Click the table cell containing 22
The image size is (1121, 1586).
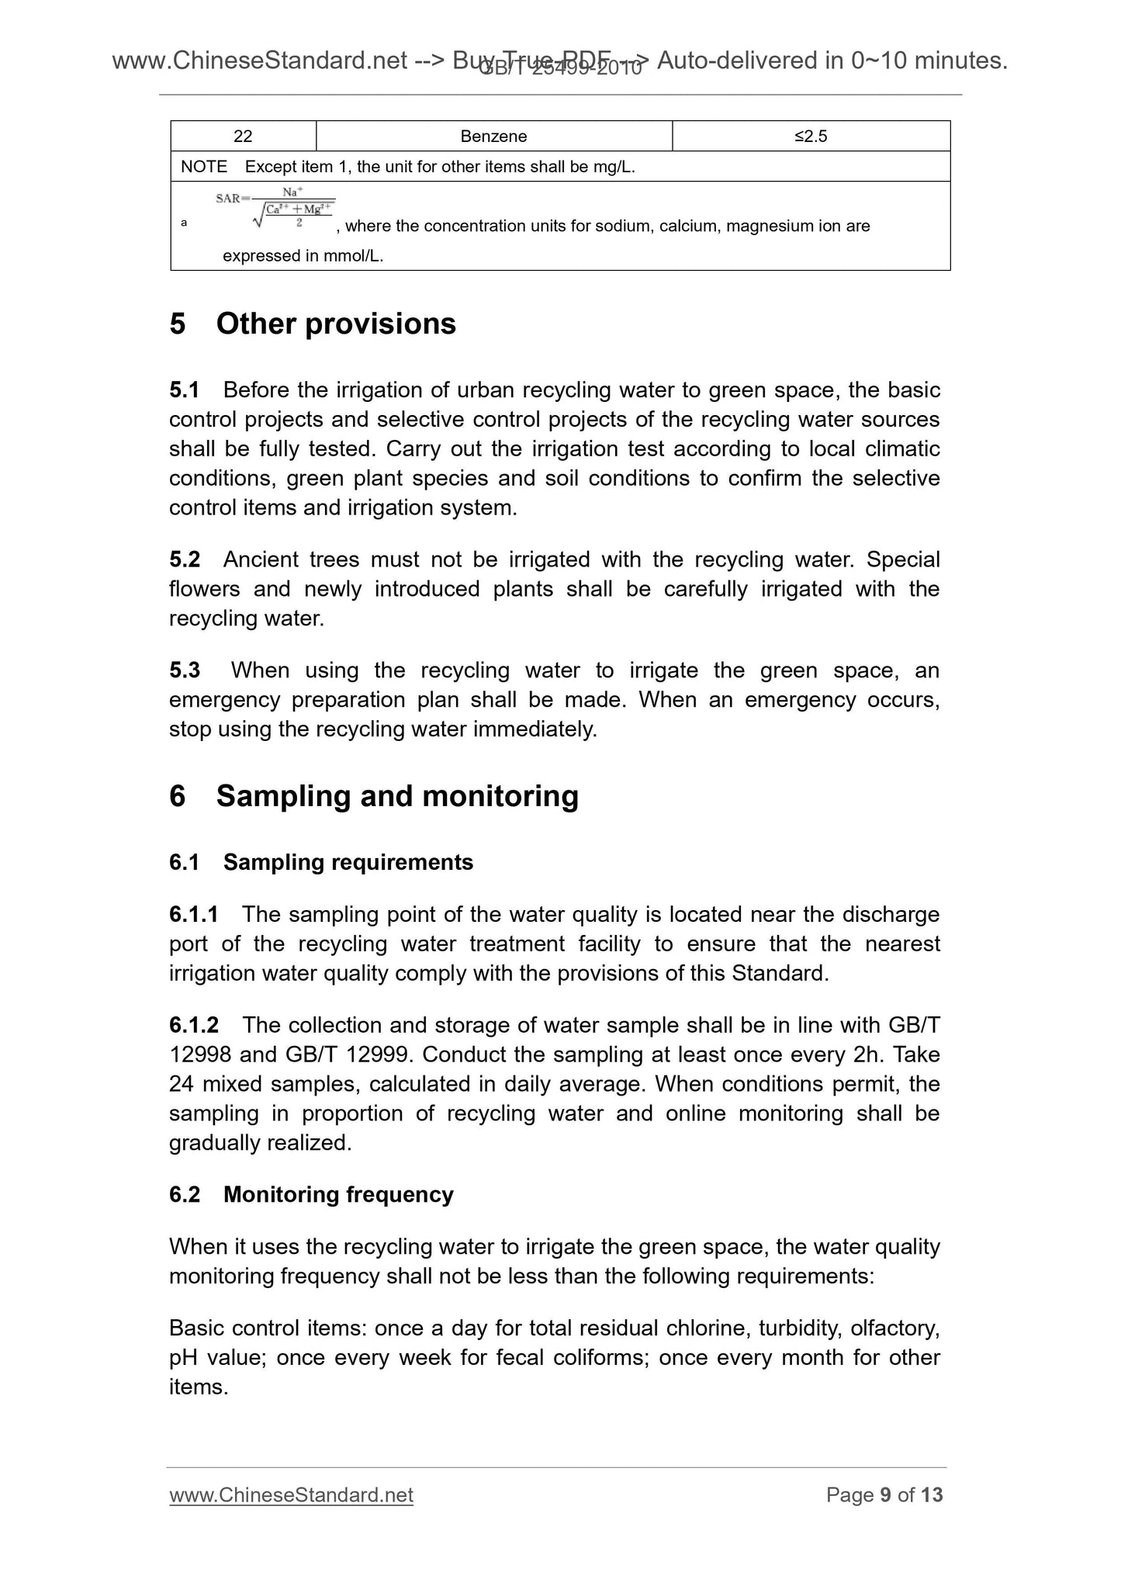pos(243,137)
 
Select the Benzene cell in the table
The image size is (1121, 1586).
pos(493,137)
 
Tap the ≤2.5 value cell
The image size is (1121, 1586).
pos(811,137)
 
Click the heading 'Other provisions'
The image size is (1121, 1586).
pos(336,324)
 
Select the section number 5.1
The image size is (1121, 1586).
pos(185,390)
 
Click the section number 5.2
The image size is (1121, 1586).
pos(185,559)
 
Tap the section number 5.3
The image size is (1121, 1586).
pos(185,670)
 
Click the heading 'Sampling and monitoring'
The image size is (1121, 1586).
pos(397,796)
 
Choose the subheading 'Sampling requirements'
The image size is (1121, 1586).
pos(348,863)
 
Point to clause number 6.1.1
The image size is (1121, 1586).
pos(194,915)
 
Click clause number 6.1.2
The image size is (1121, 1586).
pos(194,1026)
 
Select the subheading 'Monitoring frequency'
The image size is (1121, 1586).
pos(338,1195)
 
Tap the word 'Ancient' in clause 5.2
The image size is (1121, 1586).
pos(259,559)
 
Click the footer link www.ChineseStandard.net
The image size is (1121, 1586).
pos(291,1495)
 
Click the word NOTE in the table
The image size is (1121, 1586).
pos(204,167)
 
